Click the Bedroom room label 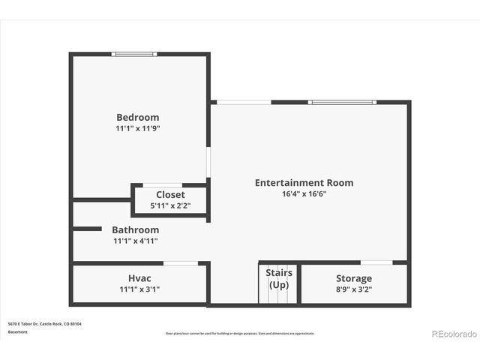[137, 117]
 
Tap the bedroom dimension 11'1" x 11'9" [137, 128]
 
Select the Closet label [170, 195]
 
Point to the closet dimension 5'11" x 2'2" [170, 205]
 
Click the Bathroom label [135, 229]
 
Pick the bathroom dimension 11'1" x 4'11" [135, 241]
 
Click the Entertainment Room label [304, 182]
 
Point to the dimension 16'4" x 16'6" [304, 193]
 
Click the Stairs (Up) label [279, 278]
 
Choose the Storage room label [353, 278]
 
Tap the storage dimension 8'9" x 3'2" [353, 289]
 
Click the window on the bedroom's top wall [135, 54]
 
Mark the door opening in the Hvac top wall [181, 262]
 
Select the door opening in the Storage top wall [376, 262]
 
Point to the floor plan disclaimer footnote [240, 333]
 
